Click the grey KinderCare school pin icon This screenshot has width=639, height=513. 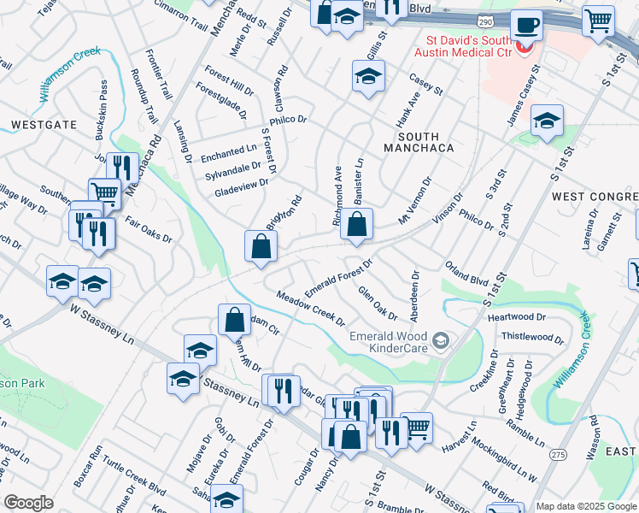tap(440, 342)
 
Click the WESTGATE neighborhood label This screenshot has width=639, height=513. tap(44, 125)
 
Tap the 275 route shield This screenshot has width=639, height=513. tap(559, 453)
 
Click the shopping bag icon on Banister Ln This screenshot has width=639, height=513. tap(356, 226)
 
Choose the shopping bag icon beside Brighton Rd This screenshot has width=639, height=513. tap(261, 246)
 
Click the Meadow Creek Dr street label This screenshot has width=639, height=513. tap(310, 310)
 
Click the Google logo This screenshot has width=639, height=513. tap(28, 503)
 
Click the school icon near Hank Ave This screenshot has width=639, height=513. tap(368, 79)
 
